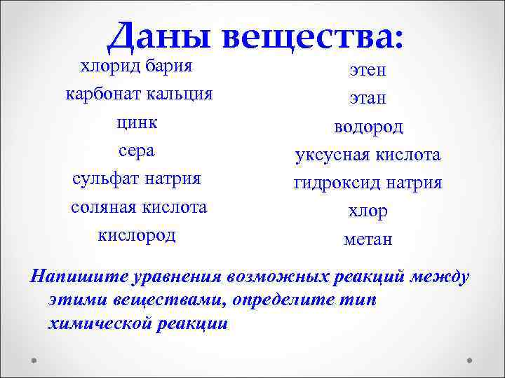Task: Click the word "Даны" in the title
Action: click(x=161, y=35)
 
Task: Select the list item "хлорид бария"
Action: click(x=137, y=66)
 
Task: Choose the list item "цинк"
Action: click(x=137, y=122)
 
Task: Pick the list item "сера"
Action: click(x=137, y=150)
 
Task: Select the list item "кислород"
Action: click(x=137, y=235)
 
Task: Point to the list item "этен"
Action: click(x=368, y=70)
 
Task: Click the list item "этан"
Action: click(x=368, y=99)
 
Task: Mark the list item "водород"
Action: click(x=368, y=127)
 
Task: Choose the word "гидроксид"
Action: click(x=337, y=183)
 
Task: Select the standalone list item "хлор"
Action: click(x=368, y=211)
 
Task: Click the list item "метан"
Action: click(x=368, y=239)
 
